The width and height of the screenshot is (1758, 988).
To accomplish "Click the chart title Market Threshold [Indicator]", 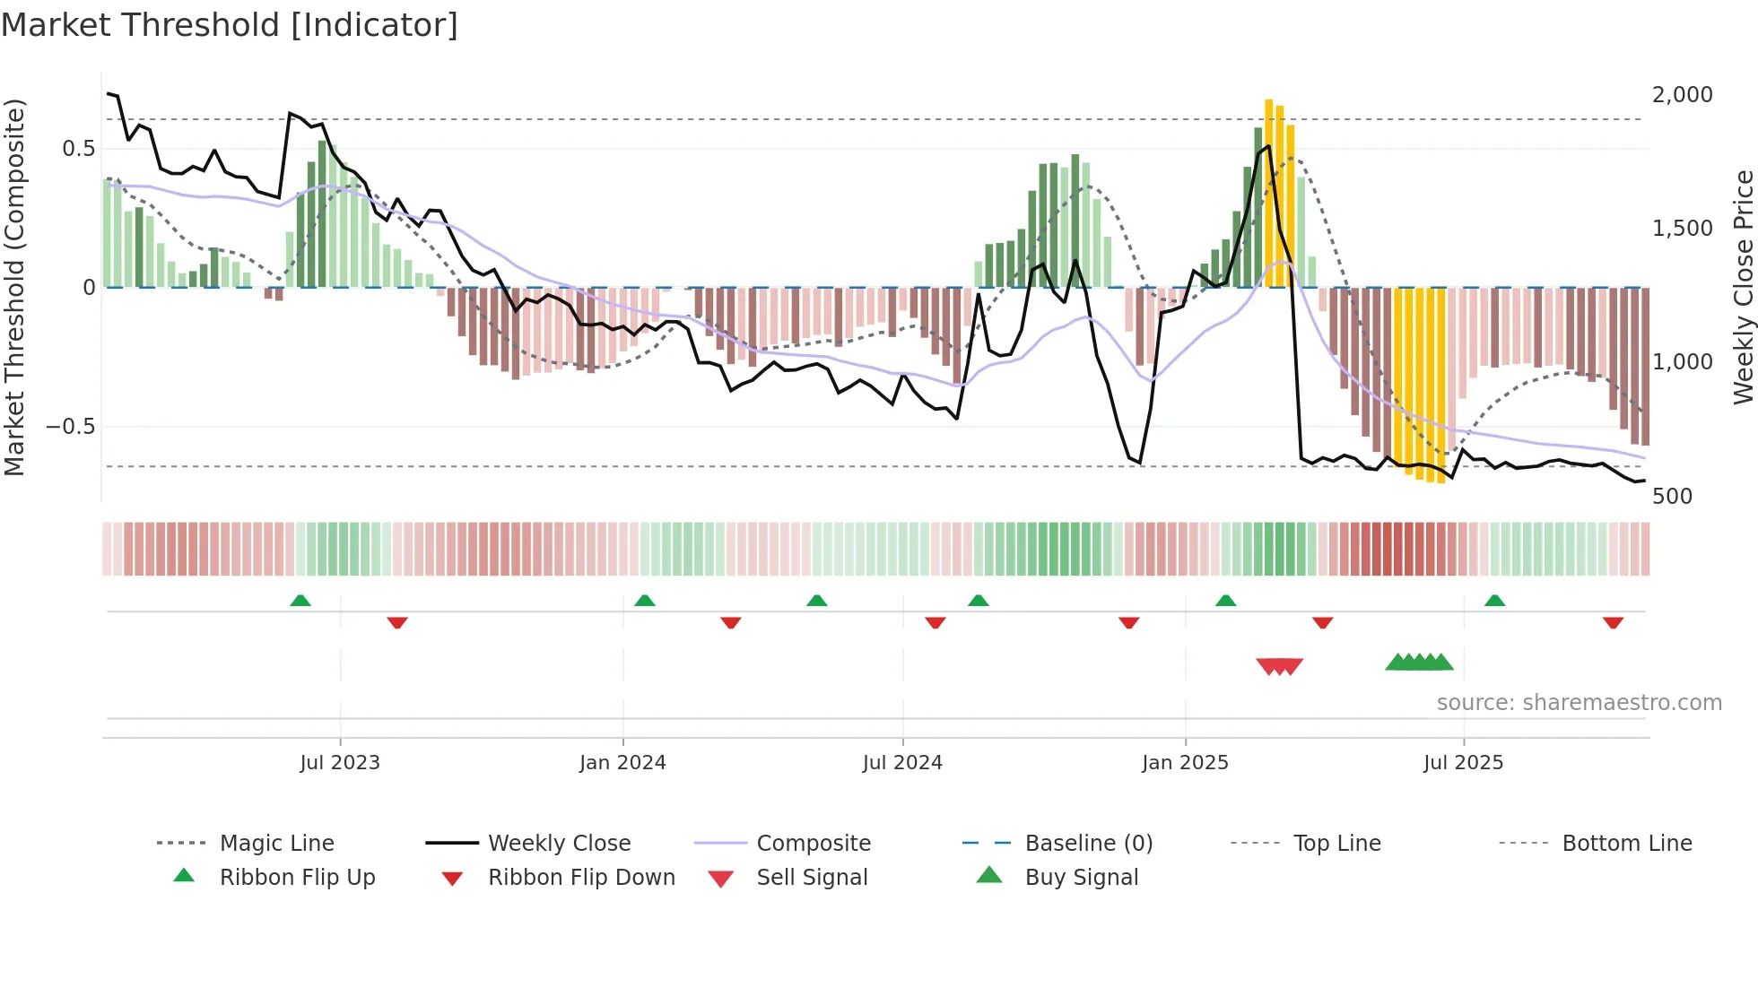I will (230, 25).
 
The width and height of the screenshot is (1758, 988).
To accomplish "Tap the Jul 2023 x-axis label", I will (340, 763).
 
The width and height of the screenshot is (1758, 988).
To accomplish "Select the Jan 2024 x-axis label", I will (622, 763).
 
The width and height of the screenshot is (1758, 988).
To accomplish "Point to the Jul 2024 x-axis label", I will (902, 763).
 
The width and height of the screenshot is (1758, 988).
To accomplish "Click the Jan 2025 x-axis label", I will (1185, 763).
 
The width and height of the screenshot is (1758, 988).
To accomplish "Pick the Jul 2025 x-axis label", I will (1463, 763).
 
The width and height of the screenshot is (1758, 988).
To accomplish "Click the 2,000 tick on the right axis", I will (1682, 95).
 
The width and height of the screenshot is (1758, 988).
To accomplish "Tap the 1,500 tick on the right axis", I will (1682, 229).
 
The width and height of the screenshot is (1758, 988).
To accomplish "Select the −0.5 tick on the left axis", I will (71, 427).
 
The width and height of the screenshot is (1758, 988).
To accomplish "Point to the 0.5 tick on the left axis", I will (79, 149).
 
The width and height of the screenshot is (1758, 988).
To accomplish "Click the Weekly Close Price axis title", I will (1743, 287).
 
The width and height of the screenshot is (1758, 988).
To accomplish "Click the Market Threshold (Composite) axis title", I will (15, 287).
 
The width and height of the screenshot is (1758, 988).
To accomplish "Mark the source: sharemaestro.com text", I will (1579, 703).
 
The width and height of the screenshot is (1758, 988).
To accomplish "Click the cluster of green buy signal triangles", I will (1419, 663).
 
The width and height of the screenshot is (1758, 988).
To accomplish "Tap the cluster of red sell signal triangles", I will (1280, 666).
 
